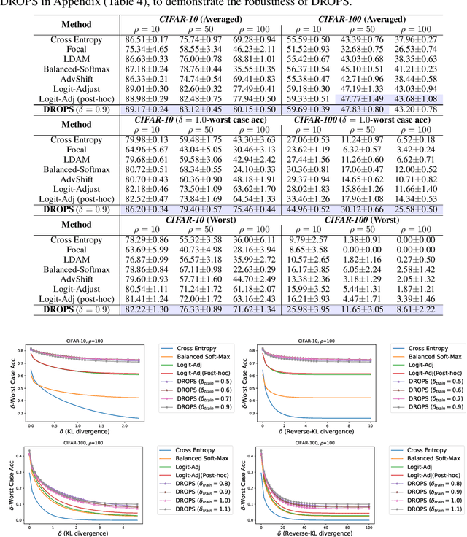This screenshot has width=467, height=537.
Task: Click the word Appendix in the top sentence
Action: click(70, 4)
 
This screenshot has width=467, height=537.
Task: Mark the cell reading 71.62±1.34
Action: click(253, 310)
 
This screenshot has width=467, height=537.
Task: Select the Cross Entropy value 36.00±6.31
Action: click(253, 239)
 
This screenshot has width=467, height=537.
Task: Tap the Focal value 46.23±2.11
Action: click(253, 47)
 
